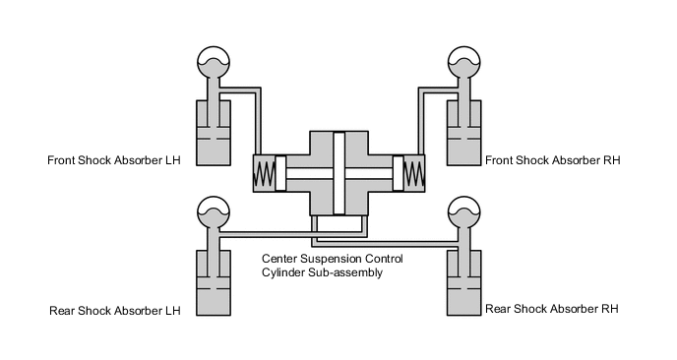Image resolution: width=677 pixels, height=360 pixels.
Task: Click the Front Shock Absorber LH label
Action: pos(114,160)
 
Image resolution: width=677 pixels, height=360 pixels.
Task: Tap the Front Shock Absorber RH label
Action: pos(553,160)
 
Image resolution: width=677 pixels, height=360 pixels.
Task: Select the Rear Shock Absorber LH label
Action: pos(115,311)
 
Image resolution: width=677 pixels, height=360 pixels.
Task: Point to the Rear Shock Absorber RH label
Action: pos(552,309)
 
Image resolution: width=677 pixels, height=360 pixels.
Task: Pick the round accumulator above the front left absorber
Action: pos(214,63)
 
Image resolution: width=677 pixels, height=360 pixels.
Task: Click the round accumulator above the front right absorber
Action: pos(464,63)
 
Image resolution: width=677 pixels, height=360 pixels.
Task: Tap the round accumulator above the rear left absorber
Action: pos(214,212)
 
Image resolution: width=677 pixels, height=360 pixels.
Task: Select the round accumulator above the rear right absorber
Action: pos(464,212)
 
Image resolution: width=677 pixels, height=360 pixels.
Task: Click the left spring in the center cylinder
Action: pos(265,173)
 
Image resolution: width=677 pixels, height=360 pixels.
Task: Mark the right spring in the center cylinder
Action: pos(413,173)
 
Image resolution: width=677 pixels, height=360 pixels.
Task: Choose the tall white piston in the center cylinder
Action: pos(338,173)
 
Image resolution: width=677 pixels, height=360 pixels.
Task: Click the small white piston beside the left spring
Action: pos(280,173)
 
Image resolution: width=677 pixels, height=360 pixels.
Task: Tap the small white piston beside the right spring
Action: pos(398,173)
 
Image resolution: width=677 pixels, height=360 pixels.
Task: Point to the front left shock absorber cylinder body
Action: pos(214,133)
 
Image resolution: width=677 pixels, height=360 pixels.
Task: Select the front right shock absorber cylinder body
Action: pos(464,133)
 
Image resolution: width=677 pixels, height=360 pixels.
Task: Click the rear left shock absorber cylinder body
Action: pos(214,283)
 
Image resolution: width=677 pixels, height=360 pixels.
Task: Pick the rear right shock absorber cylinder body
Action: pos(464,283)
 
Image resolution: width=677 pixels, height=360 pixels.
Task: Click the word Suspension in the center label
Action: pos(331,259)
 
